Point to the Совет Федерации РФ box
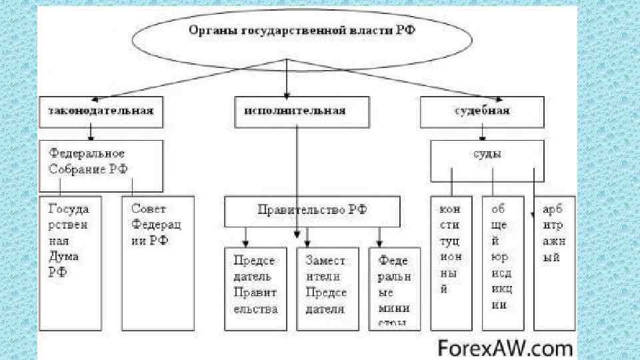click(x=157, y=263)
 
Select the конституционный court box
click(x=451, y=263)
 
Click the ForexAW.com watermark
click(x=505, y=347)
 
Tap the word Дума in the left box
click(x=64, y=256)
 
